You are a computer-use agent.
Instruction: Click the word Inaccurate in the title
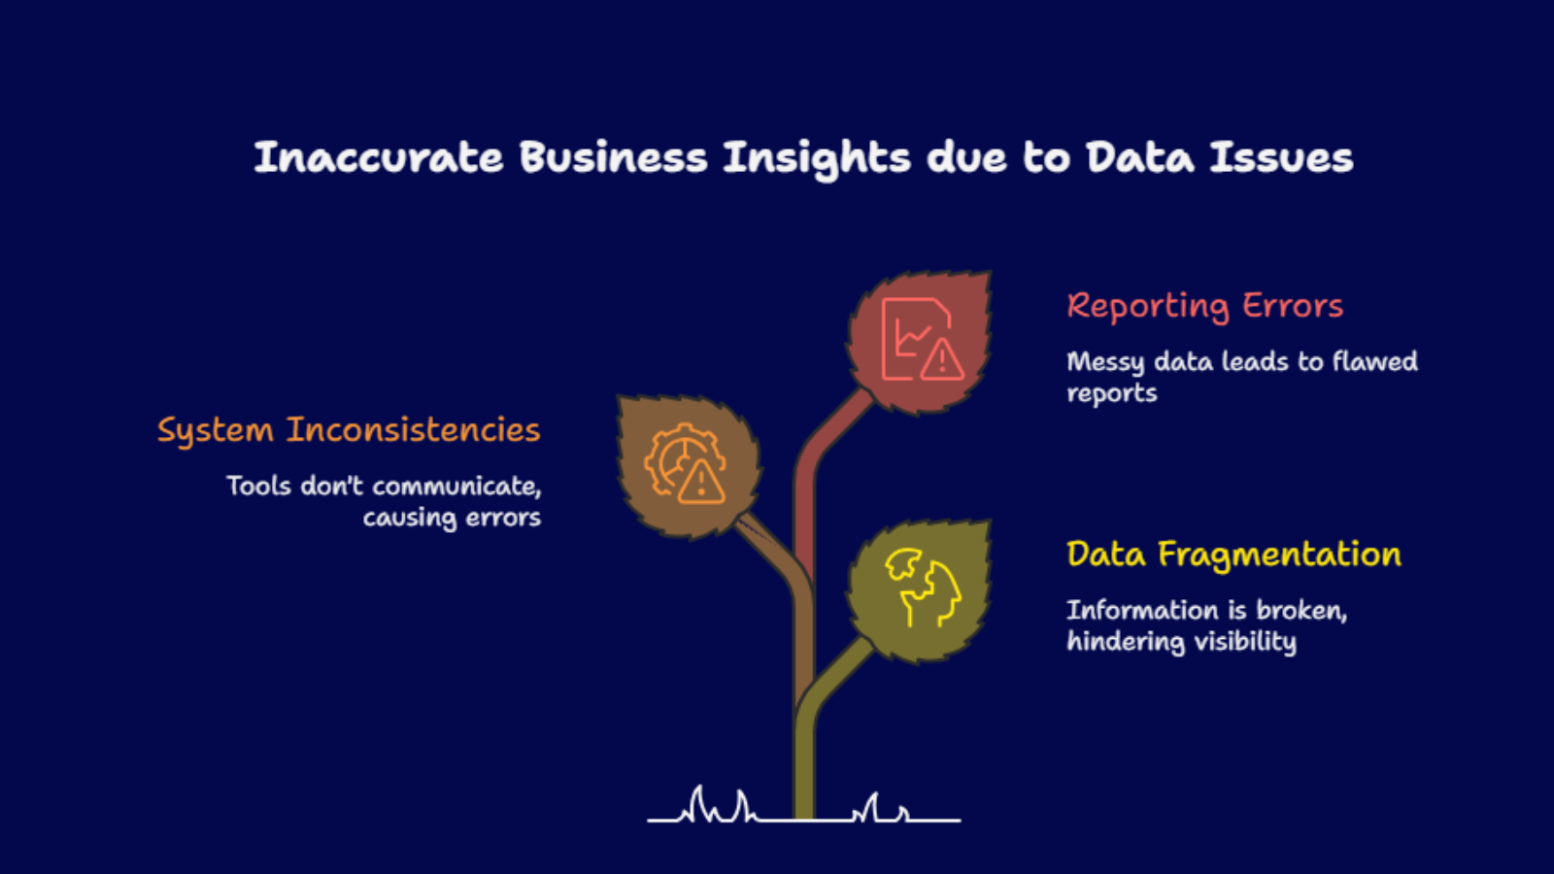tap(379, 157)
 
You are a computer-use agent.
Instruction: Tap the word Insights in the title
tap(817, 159)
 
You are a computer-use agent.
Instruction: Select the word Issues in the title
tap(1282, 157)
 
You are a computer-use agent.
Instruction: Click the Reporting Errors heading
tap(1205, 307)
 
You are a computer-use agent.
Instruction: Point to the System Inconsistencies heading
tap(349, 431)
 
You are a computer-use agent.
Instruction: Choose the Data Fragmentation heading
tap(1234, 555)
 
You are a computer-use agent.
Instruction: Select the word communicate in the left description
tap(456, 487)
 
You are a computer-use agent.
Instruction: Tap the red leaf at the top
tap(920, 341)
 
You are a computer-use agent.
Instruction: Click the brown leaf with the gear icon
tap(689, 466)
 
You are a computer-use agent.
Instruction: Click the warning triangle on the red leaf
tap(942, 360)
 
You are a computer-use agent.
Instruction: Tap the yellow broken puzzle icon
tap(923, 587)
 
